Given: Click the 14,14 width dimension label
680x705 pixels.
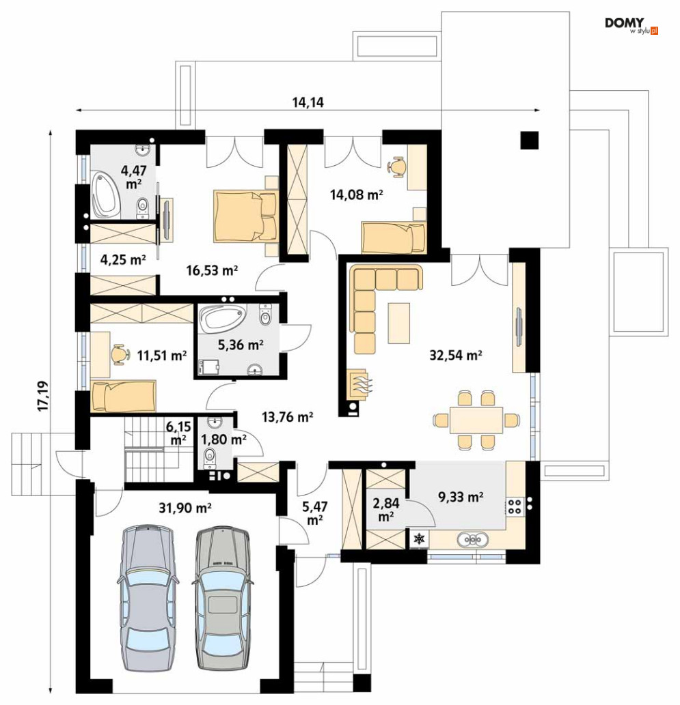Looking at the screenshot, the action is pyautogui.click(x=308, y=102).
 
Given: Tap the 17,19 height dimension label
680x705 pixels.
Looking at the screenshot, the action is pyautogui.click(x=44, y=396).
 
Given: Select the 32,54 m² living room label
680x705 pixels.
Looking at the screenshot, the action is pyautogui.click(x=456, y=355).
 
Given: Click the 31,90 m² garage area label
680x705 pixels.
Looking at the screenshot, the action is pyautogui.click(x=185, y=508).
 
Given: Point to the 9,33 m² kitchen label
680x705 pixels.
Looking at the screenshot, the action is pyautogui.click(x=461, y=497).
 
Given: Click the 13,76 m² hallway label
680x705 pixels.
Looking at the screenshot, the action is pyautogui.click(x=288, y=417).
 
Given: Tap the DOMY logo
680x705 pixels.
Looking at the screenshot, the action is pyautogui.click(x=631, y=26).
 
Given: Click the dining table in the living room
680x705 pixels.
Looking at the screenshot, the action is pyautogui.click(x=476, y=420).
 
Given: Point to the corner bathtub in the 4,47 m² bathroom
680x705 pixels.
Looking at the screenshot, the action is pyautogui.click(x=106, y=195).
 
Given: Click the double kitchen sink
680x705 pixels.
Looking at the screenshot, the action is pyautogui.click(x=472, y=539).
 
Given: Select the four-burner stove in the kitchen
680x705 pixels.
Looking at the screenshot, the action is pyautogui.click(x=515, y=506).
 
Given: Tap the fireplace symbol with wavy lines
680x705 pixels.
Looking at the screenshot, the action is pyautogui.click(x=358, y=385).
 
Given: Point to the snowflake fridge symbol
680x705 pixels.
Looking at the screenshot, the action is pyautogui.click(x=419, y=538).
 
